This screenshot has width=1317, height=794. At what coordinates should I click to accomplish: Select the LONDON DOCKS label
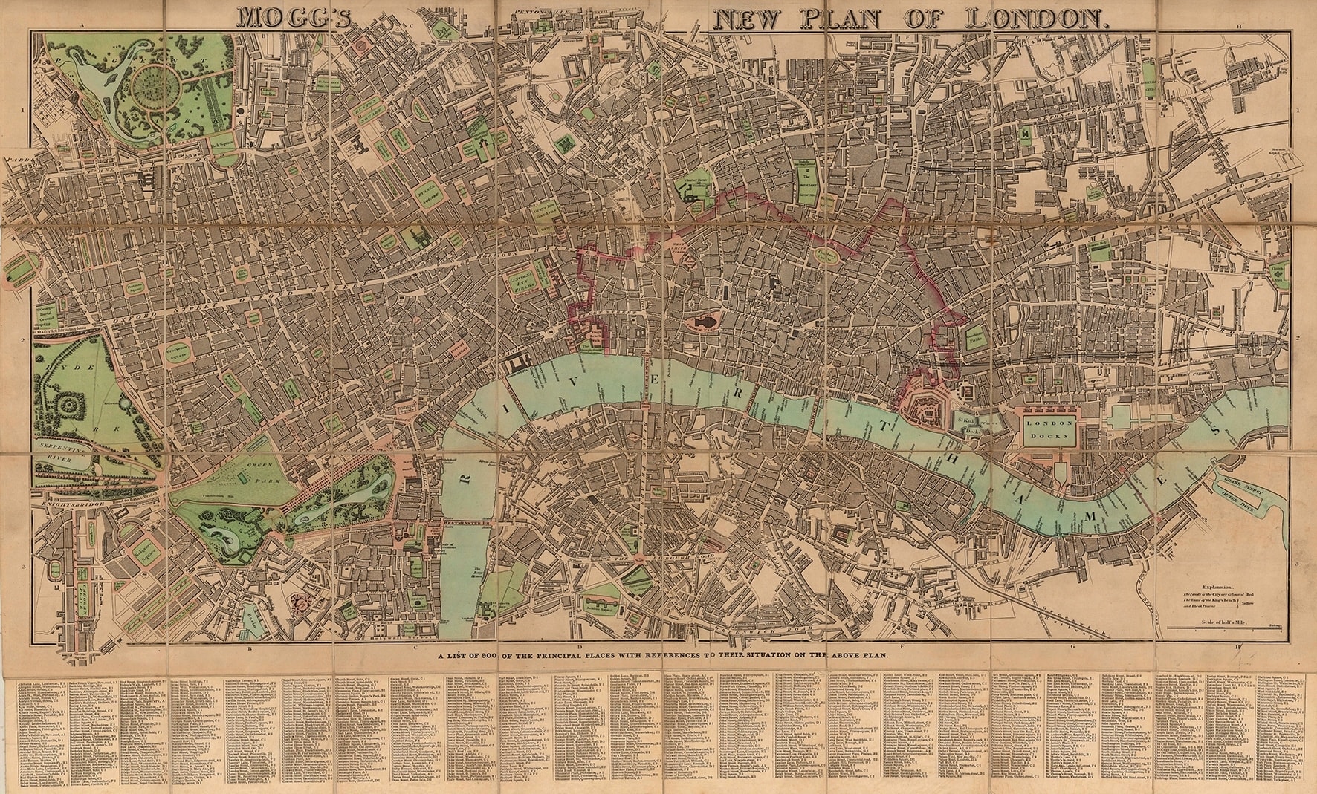click(x=1047, y=428)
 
